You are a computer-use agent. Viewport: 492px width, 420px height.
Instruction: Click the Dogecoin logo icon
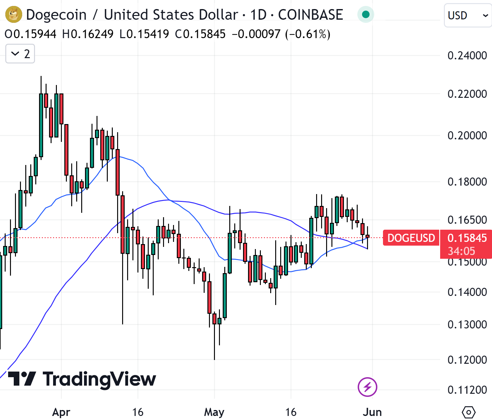(x=14, y=14)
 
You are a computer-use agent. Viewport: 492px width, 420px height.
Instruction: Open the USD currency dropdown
(x=468, y=15)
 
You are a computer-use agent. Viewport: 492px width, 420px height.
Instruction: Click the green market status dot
(x=365, y=14)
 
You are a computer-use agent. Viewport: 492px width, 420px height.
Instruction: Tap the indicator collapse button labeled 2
(x=20, y=54)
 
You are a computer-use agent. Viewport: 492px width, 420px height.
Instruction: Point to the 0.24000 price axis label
(x=467, y=56)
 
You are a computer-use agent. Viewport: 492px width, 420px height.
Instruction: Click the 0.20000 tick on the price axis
(x=467, y=136)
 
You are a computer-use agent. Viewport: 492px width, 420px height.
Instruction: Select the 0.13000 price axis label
(x=467, y=325)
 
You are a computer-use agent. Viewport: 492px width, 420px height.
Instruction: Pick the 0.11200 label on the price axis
(x=467, y=390)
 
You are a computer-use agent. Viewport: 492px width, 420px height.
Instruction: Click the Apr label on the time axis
(x=61, y=412)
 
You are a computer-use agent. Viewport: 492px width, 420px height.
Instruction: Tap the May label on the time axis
(x=214, y=412)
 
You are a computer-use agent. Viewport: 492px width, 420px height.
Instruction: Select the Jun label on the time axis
(x=372, y=412)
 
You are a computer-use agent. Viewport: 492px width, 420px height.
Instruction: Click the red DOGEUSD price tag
(x=411, y=238)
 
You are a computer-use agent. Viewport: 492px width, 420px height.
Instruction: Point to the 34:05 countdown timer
(x=461, y=251)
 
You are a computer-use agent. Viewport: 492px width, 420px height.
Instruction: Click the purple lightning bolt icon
(x=367, y=387)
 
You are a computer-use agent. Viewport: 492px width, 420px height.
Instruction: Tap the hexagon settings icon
(x=468, y=412)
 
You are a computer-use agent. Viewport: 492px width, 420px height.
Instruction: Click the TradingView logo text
(x=82, y=379)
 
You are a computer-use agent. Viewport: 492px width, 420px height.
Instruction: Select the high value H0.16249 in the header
(x=88, y=34)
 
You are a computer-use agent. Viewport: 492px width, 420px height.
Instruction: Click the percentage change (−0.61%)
(x=308, y=34)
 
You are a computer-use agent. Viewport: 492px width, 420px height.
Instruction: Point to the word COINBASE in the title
(x=310, y=15)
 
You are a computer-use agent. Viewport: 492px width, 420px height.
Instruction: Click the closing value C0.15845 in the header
(x=200, y=34)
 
